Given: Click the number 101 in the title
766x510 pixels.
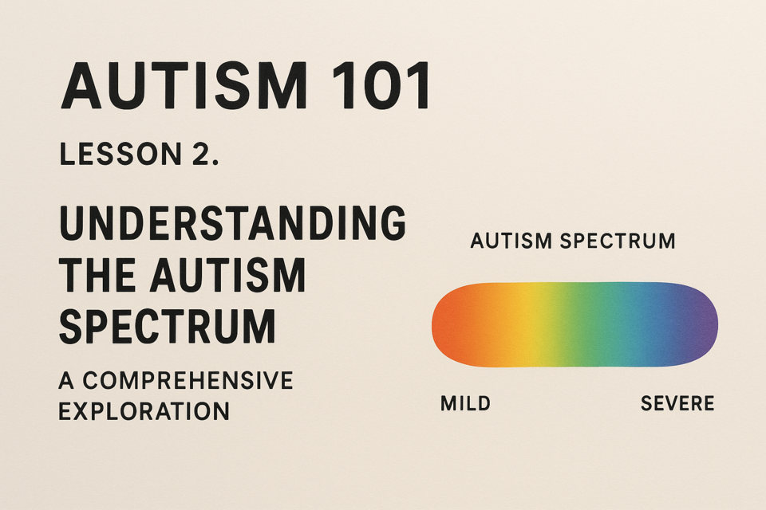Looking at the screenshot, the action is (381, 85).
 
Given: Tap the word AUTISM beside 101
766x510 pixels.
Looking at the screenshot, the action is (184, 85).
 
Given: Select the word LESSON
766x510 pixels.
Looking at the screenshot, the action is (120, 155).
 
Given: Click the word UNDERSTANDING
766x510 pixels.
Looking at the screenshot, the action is (232, 222).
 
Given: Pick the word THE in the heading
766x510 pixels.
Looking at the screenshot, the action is (97, 275).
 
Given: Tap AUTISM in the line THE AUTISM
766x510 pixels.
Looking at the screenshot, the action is (227, 275).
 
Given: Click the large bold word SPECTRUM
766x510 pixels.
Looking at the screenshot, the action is (168, 327).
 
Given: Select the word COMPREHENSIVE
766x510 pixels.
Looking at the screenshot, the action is (188, 381).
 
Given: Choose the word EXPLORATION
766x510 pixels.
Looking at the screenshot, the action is (144, 411).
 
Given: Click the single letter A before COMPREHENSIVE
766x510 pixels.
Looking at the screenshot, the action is (66, 381).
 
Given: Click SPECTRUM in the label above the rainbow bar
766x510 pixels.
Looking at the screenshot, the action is (618, 241).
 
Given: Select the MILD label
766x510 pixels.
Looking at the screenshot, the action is (465, 403).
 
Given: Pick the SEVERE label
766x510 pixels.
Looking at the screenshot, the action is (677, 403).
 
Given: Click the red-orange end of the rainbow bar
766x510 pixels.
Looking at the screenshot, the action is (447, 324).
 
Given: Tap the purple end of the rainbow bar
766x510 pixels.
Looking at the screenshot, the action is (704, 324).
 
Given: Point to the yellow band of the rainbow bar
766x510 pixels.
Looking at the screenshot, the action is (535, 324).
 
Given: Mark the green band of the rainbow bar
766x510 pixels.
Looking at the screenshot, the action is (584, 324).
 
